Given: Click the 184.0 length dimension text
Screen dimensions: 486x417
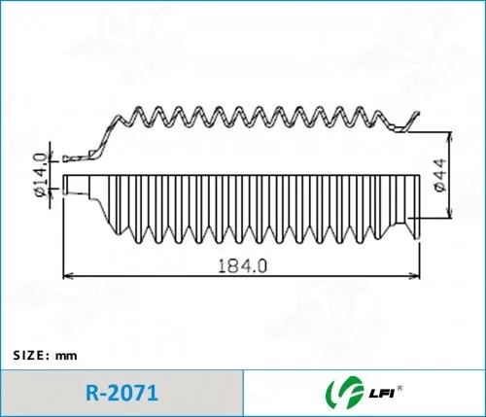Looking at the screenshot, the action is coord(243,265).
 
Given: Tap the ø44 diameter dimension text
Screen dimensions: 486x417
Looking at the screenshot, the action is coord(440,175).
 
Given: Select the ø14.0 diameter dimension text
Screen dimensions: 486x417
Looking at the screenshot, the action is coord(41,175).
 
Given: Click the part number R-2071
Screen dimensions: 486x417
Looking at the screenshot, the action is coord(121,393).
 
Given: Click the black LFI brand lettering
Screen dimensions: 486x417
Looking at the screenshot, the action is coord(381,394).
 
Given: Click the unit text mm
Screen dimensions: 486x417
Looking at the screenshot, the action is coord(66,356).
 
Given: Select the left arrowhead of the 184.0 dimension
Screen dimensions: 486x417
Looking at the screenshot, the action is coord(67,276).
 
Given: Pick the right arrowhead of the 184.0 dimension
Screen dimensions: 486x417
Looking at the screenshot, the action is coord(415,276).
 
